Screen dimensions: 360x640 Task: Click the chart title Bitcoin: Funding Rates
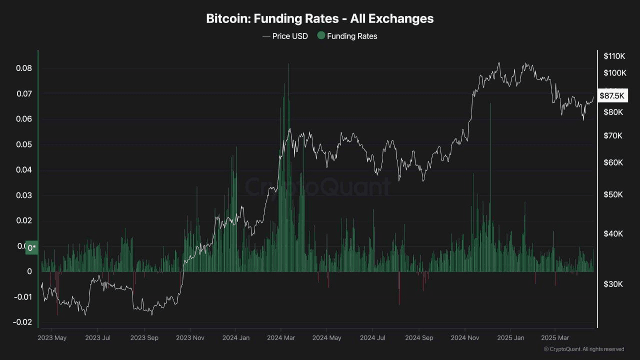pos(319,19)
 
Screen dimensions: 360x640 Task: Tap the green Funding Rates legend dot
pos(321,35)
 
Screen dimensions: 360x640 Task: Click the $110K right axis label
pos(614,55)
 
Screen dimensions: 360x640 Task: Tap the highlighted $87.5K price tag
pos(611,95)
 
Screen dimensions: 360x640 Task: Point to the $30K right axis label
pos(613,284)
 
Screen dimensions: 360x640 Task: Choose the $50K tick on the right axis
pos(613,194)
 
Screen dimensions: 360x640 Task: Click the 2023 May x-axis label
pos(52,337)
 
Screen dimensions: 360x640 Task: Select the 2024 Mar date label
pos(281,337)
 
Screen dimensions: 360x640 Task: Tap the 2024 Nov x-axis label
pos(465,337)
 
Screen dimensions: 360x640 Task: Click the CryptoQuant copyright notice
pos(583,349)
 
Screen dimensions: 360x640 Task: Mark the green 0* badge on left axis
pos(32,247)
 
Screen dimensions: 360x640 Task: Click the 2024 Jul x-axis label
pos(373,337)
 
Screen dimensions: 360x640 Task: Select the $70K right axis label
pos(613,135)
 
